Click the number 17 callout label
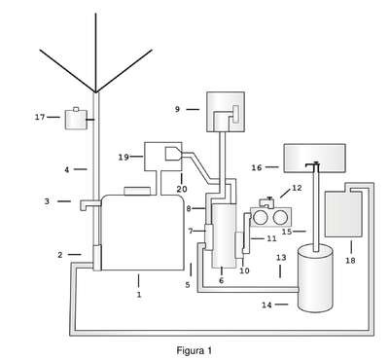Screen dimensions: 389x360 click(x=40, y=117)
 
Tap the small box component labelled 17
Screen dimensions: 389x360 click(x=76, y=120)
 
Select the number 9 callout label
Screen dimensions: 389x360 click(x=177, y=109)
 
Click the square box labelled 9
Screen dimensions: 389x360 click(x=226, y=112)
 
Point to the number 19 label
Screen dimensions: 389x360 click(x=124, y=157)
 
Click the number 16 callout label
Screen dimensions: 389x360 click(x=257, y=167)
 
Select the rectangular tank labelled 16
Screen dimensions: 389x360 click(x=314, y=158)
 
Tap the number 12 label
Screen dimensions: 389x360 click(x=297, y=188)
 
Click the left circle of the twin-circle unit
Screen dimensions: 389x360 click(x=260, y=218)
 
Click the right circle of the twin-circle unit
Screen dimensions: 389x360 click(x=280, y=218)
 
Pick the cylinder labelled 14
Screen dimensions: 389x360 click(x=315, y=278)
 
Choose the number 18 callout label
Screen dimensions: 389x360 click(x=350, y=260)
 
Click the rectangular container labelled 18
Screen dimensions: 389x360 click(x=343, y=214)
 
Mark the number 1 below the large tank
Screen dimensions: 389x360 click(x=139, y=295)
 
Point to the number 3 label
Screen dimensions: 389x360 click(x=47, y=201)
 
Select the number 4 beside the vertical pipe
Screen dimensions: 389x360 click(x=67, y=169)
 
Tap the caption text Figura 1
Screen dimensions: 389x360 click(x=194, y=350)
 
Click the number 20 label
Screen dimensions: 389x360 click(x=182, y=189)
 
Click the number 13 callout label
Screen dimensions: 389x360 click(x=281, y=258)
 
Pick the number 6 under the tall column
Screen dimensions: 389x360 click(x=222, y=280)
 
